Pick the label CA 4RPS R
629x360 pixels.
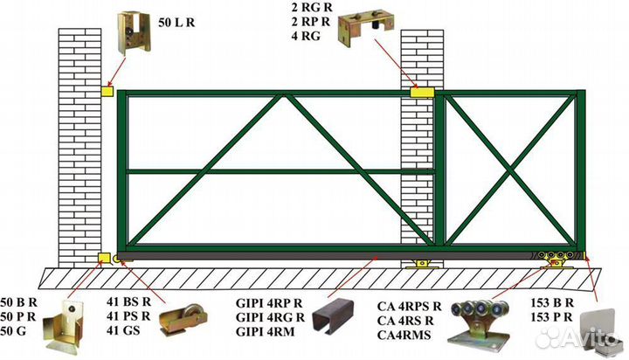pos(410,306)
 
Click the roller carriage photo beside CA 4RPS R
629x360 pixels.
pos(485,322)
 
